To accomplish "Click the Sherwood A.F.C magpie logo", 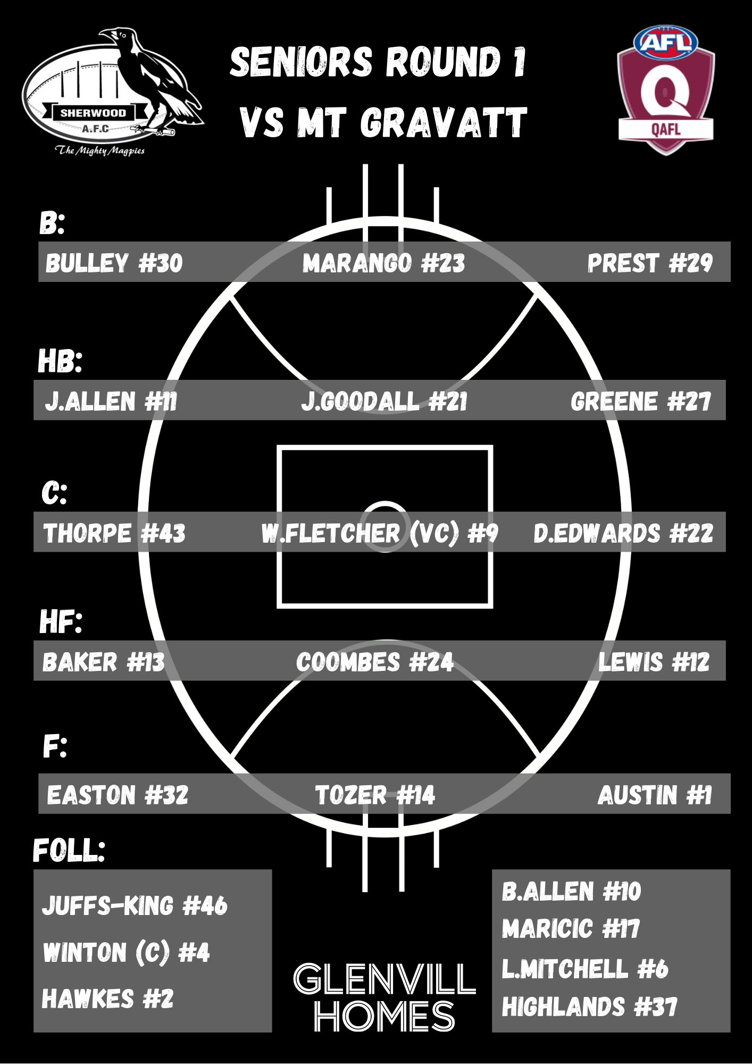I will click(x=112, y=93).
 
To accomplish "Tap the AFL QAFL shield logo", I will click(x=666, y=90).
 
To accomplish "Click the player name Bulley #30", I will click(x=114, y=263).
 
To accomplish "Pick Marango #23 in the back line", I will click(x=383, y=263).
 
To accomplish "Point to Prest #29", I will click(x=649, y=263).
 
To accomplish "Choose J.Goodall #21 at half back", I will click(x=384, y=401).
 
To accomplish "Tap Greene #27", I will click(x=640, y=401).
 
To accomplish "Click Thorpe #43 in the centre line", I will click(x=114, y=533).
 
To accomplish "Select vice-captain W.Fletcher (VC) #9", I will click(x=380, y=533).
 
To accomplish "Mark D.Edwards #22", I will click(x=623, y=533).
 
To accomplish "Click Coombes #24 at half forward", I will click(x=375, y=662).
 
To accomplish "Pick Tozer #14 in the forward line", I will click(x=375, y=795).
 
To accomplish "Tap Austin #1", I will click(x=655, y=795).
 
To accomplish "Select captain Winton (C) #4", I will click(x=127, y=952).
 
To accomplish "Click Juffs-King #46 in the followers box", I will click(x=135, y=905).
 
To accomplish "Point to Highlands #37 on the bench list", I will click(x=589, y=1007).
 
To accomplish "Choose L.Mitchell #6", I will click(x=585, y=968).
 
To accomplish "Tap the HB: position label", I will click(x=60, y=361).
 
